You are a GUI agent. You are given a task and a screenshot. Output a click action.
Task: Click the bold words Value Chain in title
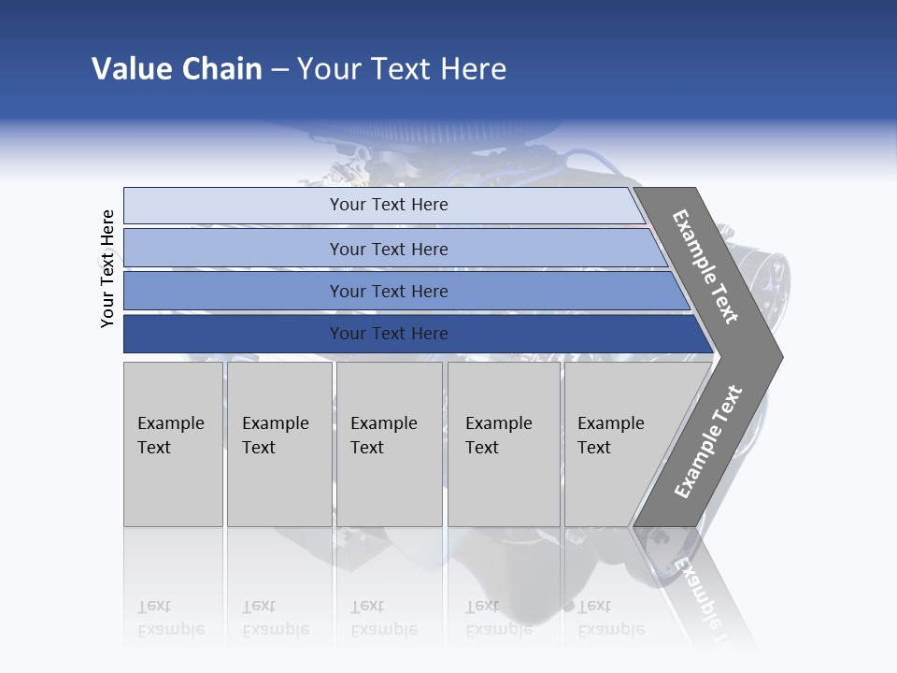[177, 69]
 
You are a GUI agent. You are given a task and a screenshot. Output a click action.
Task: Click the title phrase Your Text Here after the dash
[402, 69]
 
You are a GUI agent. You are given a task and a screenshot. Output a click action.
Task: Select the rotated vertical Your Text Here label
[107, 268]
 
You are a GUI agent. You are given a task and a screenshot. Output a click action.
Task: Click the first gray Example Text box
[173, 444]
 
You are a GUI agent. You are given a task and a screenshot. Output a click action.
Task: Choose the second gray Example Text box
[279, 444]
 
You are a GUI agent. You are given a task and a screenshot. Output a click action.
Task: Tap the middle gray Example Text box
[389, 444]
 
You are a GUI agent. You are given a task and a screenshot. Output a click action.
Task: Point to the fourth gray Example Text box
[504, 444]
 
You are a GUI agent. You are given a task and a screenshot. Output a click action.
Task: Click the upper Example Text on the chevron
[705, 266]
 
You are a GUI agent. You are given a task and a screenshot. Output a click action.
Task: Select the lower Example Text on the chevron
[708, 442]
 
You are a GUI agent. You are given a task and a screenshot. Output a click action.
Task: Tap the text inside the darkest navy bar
[389, 334]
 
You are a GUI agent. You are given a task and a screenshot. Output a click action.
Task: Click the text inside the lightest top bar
[389, 205]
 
